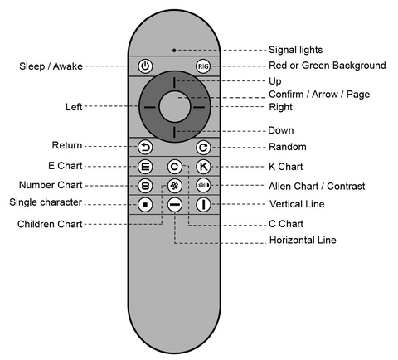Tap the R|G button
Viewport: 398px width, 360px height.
[203, 66]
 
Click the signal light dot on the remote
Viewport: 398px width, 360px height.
[174, 51]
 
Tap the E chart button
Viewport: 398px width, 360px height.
[145, 167]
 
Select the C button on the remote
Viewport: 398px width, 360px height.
[174, 167]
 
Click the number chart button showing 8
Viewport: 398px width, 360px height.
[145, 186]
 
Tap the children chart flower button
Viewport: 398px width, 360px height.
[174, 186]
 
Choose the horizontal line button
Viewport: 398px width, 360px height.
[175, 205]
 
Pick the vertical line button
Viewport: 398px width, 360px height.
[203, 205]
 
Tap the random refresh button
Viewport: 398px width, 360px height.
[203, 148]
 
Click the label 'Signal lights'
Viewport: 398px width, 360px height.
[296, 50]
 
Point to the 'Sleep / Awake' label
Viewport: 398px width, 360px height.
[51, 66]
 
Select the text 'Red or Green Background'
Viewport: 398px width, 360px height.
[328, 66]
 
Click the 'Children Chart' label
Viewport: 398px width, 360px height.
[50, 224]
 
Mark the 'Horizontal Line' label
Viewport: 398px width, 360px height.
[303, 240]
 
